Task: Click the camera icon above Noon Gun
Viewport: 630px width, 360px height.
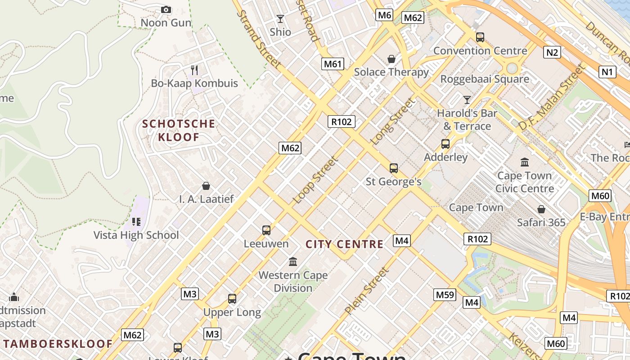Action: click(166, 9)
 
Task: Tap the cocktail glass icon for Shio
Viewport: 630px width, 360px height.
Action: click(280, 19)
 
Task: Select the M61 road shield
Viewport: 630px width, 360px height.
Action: click(333, 64)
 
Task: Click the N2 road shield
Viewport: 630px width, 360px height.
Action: click(552, 52)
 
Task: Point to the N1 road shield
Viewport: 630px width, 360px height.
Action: click(607, 72)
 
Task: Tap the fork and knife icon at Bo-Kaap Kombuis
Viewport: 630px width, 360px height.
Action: click(194, 70)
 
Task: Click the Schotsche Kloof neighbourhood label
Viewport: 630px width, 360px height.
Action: click(179, 130)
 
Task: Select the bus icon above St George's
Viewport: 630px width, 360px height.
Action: click(394, 168)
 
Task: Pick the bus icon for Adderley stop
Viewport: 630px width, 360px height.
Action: click(445, 144)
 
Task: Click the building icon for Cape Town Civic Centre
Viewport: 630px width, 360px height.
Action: click(525, 162)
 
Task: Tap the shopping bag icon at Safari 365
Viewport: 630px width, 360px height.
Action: click(541, 209)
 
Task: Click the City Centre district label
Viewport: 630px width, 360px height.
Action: click(344, 244)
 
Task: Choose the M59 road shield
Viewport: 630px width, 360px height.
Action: click(445, 295)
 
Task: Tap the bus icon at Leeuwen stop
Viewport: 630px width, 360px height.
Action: click(266, 230)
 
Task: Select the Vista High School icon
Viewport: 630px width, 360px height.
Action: click(136, 221)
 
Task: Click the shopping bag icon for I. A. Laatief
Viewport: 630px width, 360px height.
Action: click(206, 186)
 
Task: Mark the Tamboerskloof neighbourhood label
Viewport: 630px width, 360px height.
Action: click(58, 344)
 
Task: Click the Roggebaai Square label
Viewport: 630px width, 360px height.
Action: click(484, 79)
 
